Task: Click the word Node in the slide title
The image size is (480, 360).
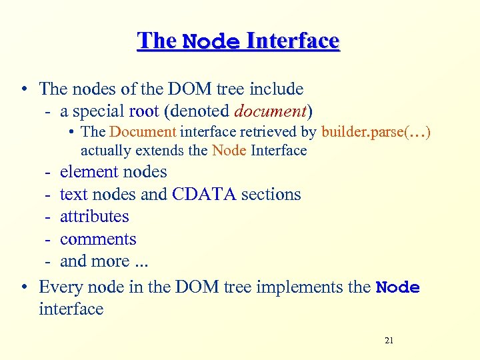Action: click(x=211, y=42)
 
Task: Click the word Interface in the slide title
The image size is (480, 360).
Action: click(x=293, y=41)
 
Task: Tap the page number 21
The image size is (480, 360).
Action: click(x=389, y=341)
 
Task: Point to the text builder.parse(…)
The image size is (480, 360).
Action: click(x=376, y=132)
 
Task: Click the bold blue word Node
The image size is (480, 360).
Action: click(x=398, y=287)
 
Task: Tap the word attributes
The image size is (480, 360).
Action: click(x=94, y=217)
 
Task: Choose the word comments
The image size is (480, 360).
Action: click(x=98, y=239)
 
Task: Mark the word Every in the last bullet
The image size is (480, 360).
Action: click(x=60, y=287)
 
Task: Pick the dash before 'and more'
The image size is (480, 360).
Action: click(x=49, y=261)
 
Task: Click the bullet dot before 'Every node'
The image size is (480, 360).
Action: click(x=24, y=287)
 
